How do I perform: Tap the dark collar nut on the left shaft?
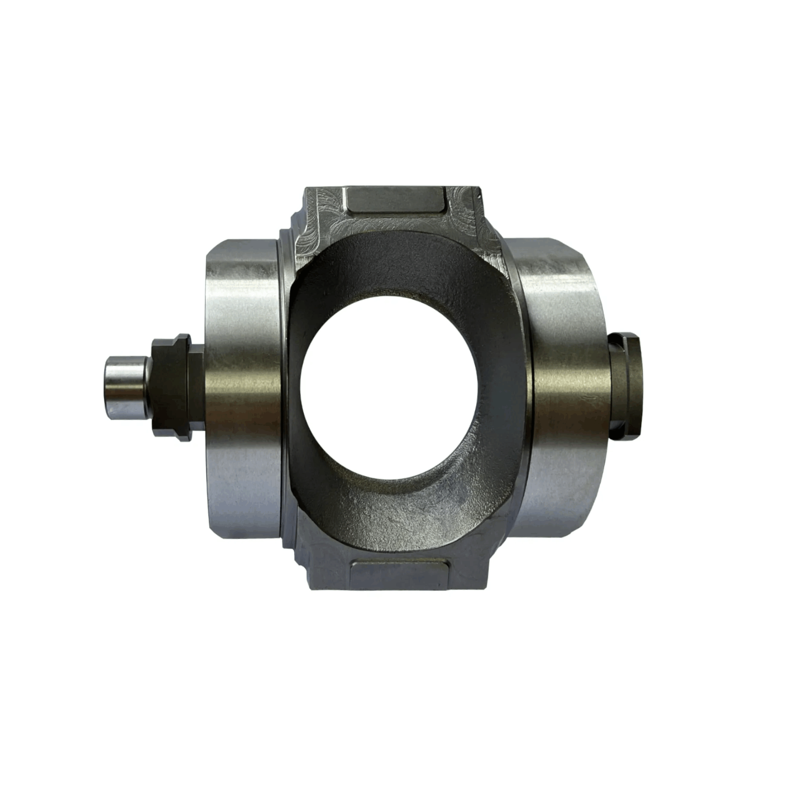(x=171, y=389)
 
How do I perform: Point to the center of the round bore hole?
(x=389, y=387)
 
